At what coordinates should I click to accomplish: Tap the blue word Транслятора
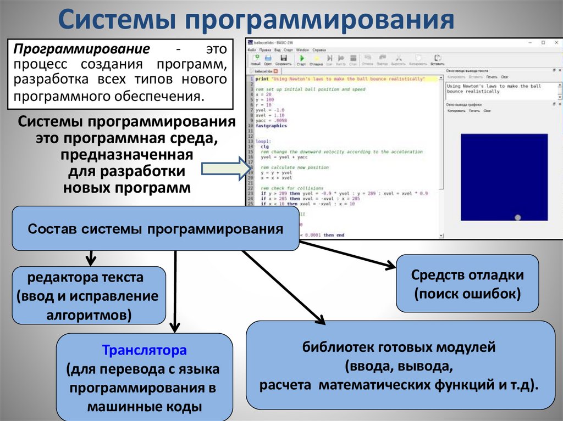(x=145, y=350)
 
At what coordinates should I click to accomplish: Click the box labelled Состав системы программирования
(x=156, y=228)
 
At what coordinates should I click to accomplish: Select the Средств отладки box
(x=467, y=284)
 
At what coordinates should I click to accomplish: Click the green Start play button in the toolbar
(x=301, y=58)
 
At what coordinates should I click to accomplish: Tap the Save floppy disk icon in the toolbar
(x=284, y=58)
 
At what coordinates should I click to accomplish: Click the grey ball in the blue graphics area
(x=517, y=217)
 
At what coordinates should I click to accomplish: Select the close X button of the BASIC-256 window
(x=556, y=42)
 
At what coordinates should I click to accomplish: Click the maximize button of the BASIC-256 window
(x=543, y=42)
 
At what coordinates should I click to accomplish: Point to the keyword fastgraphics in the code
(x=271, y=126)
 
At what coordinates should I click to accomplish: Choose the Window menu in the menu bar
(x=302, y=49)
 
